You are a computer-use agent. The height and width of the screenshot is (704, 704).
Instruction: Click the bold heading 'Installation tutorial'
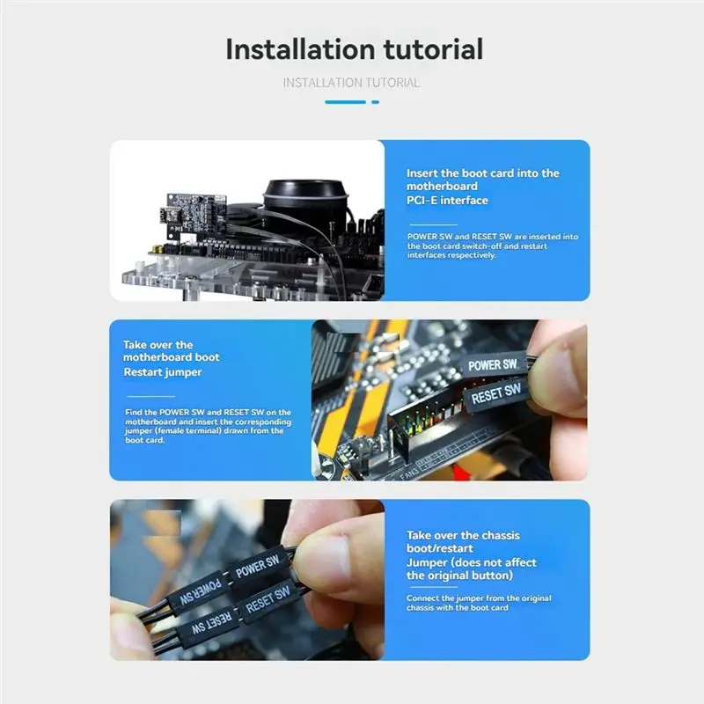pos(355,49)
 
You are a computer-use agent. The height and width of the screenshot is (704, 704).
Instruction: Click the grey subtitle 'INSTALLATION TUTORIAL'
pos(351,83)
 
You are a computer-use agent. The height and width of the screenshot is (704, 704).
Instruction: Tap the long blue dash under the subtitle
pos(345,102)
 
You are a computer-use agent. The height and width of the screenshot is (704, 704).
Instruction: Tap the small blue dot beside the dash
pos(376,102)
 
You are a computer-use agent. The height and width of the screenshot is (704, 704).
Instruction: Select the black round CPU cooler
pos(305,197)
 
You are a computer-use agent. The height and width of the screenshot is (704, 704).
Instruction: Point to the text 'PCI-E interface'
pos(447,201)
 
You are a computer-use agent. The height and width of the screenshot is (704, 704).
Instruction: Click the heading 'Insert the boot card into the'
pos(482,173)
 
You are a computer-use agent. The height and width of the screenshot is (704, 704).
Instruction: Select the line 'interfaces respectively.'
pos(451,255)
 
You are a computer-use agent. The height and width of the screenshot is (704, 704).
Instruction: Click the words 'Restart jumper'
pos(163,372)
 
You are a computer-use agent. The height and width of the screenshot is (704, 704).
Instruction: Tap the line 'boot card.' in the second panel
pos(144,440)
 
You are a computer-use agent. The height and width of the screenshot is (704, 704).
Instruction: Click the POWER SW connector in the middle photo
pos(494,364)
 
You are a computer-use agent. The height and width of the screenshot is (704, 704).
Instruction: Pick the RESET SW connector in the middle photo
pos(496,394)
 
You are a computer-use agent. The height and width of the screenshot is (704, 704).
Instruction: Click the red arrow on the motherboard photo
pos(458,473)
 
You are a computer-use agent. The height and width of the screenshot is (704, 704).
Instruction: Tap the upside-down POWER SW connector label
pos(201,591)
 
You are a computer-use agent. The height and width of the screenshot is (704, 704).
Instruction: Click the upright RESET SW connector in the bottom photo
pos(268,601)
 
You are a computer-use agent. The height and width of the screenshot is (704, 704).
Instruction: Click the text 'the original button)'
pos(459,576)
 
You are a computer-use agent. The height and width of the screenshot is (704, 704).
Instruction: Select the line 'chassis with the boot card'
pos(457,608)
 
